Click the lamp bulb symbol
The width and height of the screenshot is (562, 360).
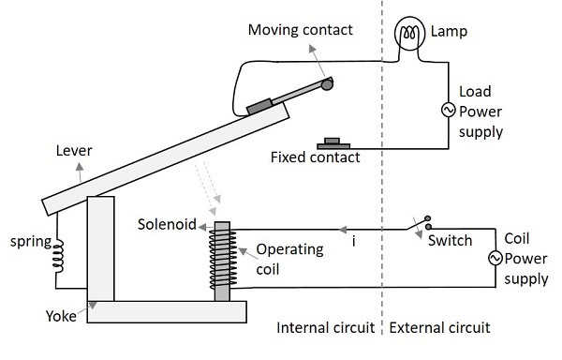coord(408,36)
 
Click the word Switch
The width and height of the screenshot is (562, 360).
coord(451,240)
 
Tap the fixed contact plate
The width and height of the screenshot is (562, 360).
coord(332,143)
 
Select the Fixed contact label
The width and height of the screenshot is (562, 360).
coord(315,157)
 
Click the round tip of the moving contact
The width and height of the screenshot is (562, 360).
coord(327,85)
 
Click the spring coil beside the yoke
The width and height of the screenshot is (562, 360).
coord(58,252)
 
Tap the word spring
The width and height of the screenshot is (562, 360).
coord(29,241)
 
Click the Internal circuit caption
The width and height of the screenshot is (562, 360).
coord(325,329)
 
